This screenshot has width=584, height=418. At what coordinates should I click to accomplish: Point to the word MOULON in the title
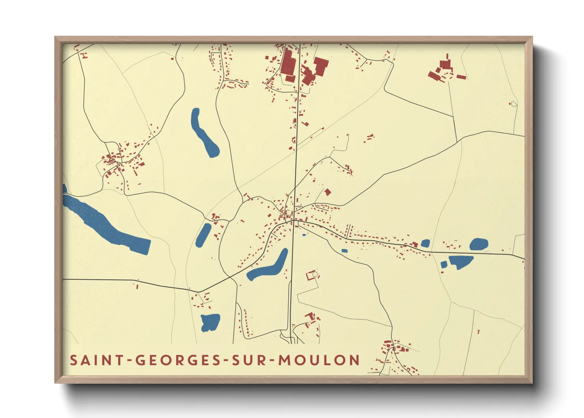(x=319, y=360)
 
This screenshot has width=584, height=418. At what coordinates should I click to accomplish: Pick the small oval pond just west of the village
(x=203, y=235)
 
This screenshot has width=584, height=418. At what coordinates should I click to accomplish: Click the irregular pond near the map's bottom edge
(x=210, y=322)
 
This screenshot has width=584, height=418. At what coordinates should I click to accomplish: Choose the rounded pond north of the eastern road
(x=479, y=244)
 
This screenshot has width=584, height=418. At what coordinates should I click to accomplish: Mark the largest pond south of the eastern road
(x=460, y=261)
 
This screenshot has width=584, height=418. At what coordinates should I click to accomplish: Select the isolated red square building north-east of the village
(x=327, y=192)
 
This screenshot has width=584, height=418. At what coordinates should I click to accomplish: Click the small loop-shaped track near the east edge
(x=513, y=104)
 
